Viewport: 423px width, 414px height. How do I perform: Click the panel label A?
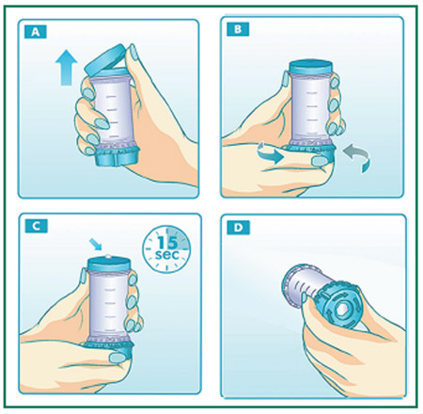tap(36, 32)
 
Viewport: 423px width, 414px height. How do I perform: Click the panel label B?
tap(238, 29)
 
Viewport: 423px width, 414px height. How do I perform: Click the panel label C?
tap(37, 226)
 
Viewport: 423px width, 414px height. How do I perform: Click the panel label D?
tap(239, 228)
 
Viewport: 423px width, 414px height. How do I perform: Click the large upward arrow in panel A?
tap(67, 67)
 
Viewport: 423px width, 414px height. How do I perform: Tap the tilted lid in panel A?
tap(105, 59)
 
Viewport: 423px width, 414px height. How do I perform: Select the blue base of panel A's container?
tap(117, 156)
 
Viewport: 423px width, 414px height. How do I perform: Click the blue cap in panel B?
tap(310, 67)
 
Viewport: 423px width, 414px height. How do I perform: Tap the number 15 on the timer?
tap(167, 243)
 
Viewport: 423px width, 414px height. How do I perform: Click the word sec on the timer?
tap(167, 254)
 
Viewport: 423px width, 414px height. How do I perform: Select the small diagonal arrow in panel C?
tap(95, 244)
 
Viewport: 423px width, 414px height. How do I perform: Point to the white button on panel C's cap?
tap(108, 256)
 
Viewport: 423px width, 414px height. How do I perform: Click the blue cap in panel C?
tap(109, 263)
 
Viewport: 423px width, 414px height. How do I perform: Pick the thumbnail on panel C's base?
tap(117, 358)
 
